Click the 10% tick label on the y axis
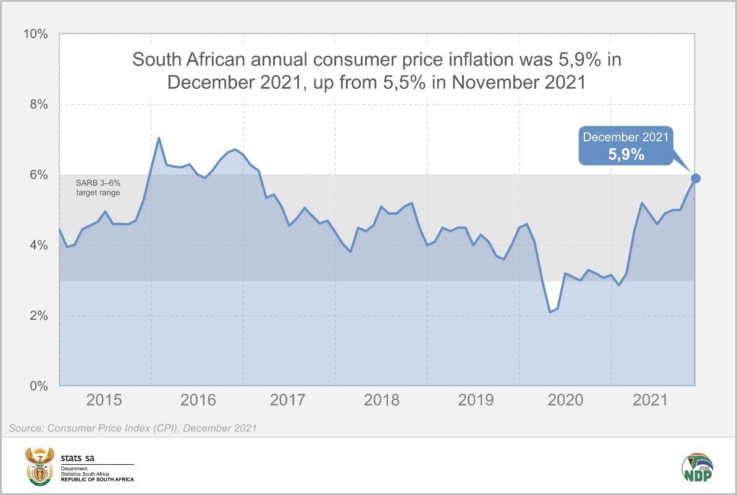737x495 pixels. [36, 34]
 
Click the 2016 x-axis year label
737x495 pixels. [199, 401]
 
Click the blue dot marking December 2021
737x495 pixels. [696, 178]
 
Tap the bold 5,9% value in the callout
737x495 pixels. [626, 154]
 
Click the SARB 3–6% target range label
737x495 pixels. [98, 188]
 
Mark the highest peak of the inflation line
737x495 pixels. [159, 138]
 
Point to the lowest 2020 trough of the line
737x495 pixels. [550, 312]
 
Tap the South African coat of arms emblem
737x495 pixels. [39, 466]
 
